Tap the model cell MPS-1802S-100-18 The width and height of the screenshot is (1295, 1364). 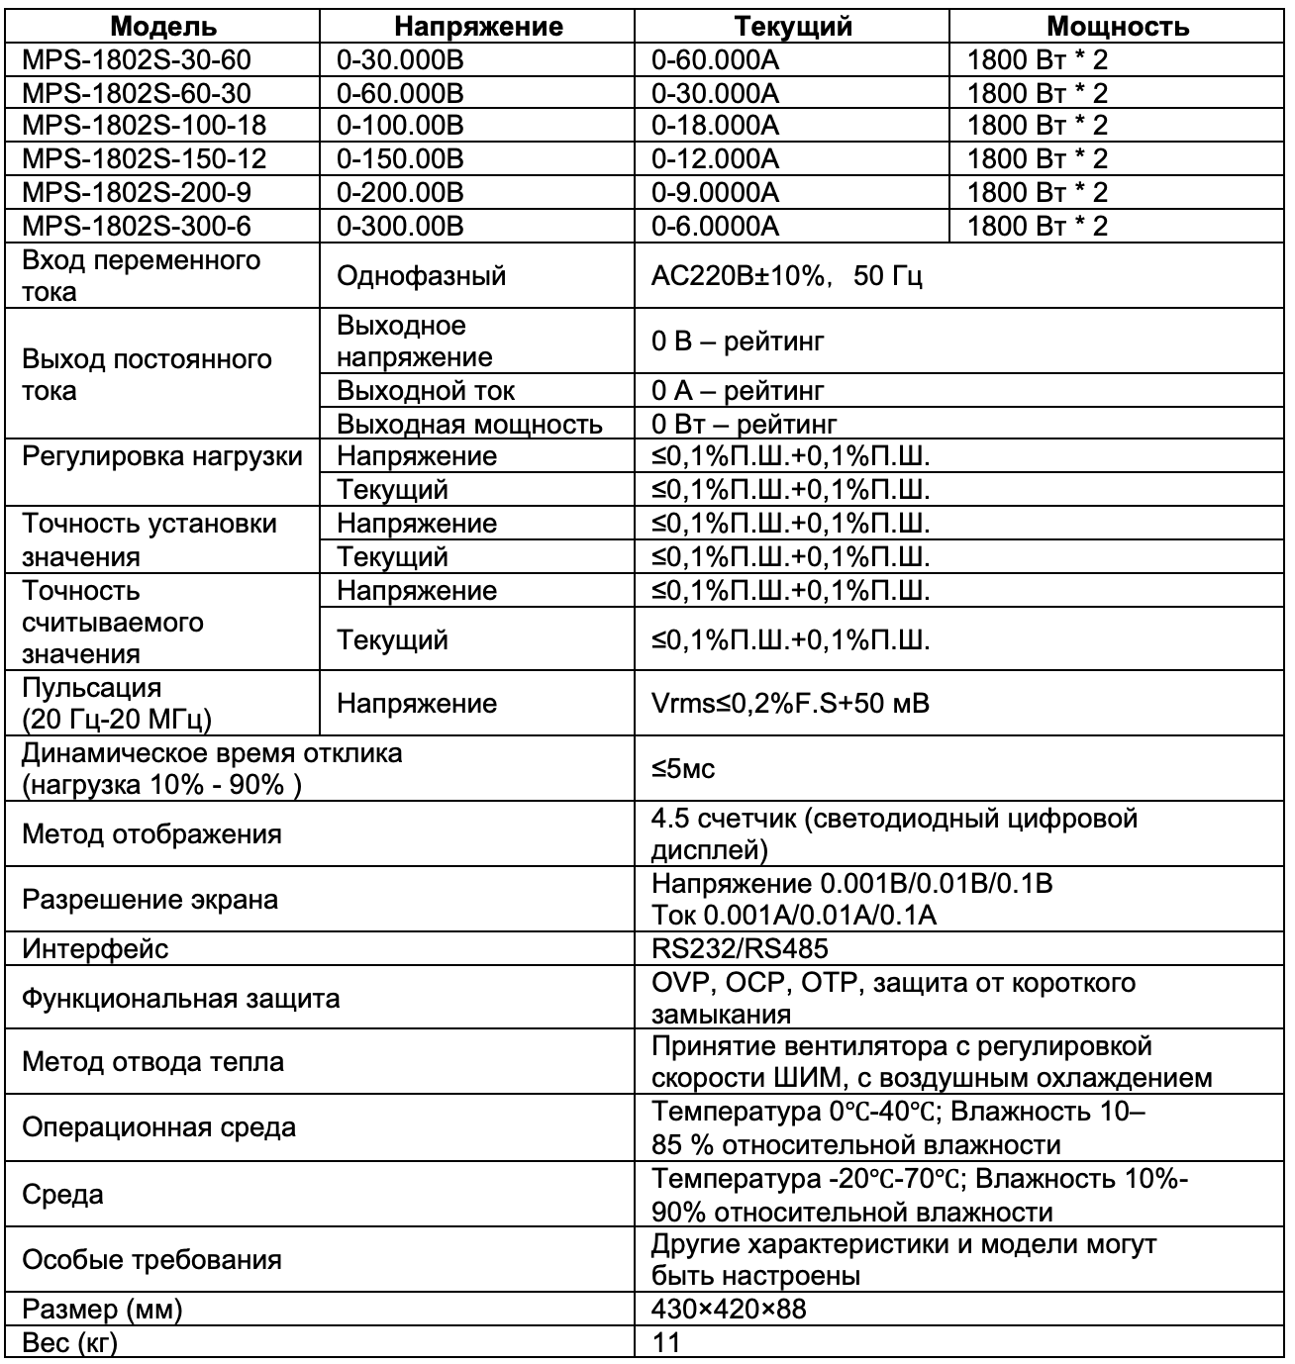[x=144, y=126]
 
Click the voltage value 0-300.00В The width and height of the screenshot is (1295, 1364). [x=400, y=227]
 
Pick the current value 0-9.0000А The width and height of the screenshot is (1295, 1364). [x=715, y=193]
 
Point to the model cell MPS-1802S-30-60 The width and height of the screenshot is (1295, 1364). [x=136, y=60]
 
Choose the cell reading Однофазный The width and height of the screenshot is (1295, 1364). [x=421, y=276]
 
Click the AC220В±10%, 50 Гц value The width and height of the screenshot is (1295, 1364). [x=786, y=276]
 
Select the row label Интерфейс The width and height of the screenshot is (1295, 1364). [x=95, y=949]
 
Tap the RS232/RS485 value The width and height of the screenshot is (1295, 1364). [x=740, y=949]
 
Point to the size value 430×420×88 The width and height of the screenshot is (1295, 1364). [x=729, y=1310]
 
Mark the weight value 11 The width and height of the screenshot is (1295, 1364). [x=665, y=1343]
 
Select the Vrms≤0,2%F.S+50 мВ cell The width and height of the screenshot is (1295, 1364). [x=789, y=704]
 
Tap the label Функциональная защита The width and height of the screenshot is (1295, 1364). [x=181, y=998]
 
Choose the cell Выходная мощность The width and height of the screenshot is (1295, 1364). [x=469, y=425]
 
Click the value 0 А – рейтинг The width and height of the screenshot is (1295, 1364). [x=737, y=391]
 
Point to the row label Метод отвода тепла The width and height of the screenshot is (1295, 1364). [x=152, y=1062]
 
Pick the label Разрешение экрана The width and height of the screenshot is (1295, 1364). [x=149, y=900]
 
